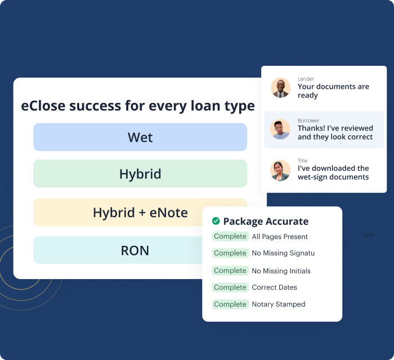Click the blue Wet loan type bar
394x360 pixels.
pyautogui.click(x=140, y=137)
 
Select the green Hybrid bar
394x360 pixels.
pyautogui.click(x=140, y=174)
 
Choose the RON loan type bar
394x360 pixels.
pyautogui.click(x=113, y=250)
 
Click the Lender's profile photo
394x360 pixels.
pyautogui.click(x=280, y=88)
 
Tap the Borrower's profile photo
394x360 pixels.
pyautogui.click(x=280, y=129)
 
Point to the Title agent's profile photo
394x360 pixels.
pyautogui.click(x=280, y=170)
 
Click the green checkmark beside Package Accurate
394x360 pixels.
pyautogui.click(x=216, y=221)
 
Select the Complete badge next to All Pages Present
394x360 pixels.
pyautogui.click(x=230, y=237)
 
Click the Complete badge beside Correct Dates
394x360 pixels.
pyautogui.click(x=230, y=287)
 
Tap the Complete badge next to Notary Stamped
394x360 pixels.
pyautogui.click(x=230, y=304)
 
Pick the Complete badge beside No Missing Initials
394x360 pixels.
pyautogui.click(x=230, y=271)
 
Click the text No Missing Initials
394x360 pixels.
pyautogui.click(x=281, y=271)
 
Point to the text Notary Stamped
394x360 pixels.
pyautogui.click(x=278, y=304)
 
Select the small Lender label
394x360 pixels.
pyautogui.click(x=306, y=79)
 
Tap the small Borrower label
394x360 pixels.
pyautogui.click(x=308, y=120)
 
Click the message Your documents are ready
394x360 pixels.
pyautogui.click(x=333, y=91)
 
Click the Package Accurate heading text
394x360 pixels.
pyautogui.click(x=266, y=221)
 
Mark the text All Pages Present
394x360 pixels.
pyautogui.click(x=280, y=237)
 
